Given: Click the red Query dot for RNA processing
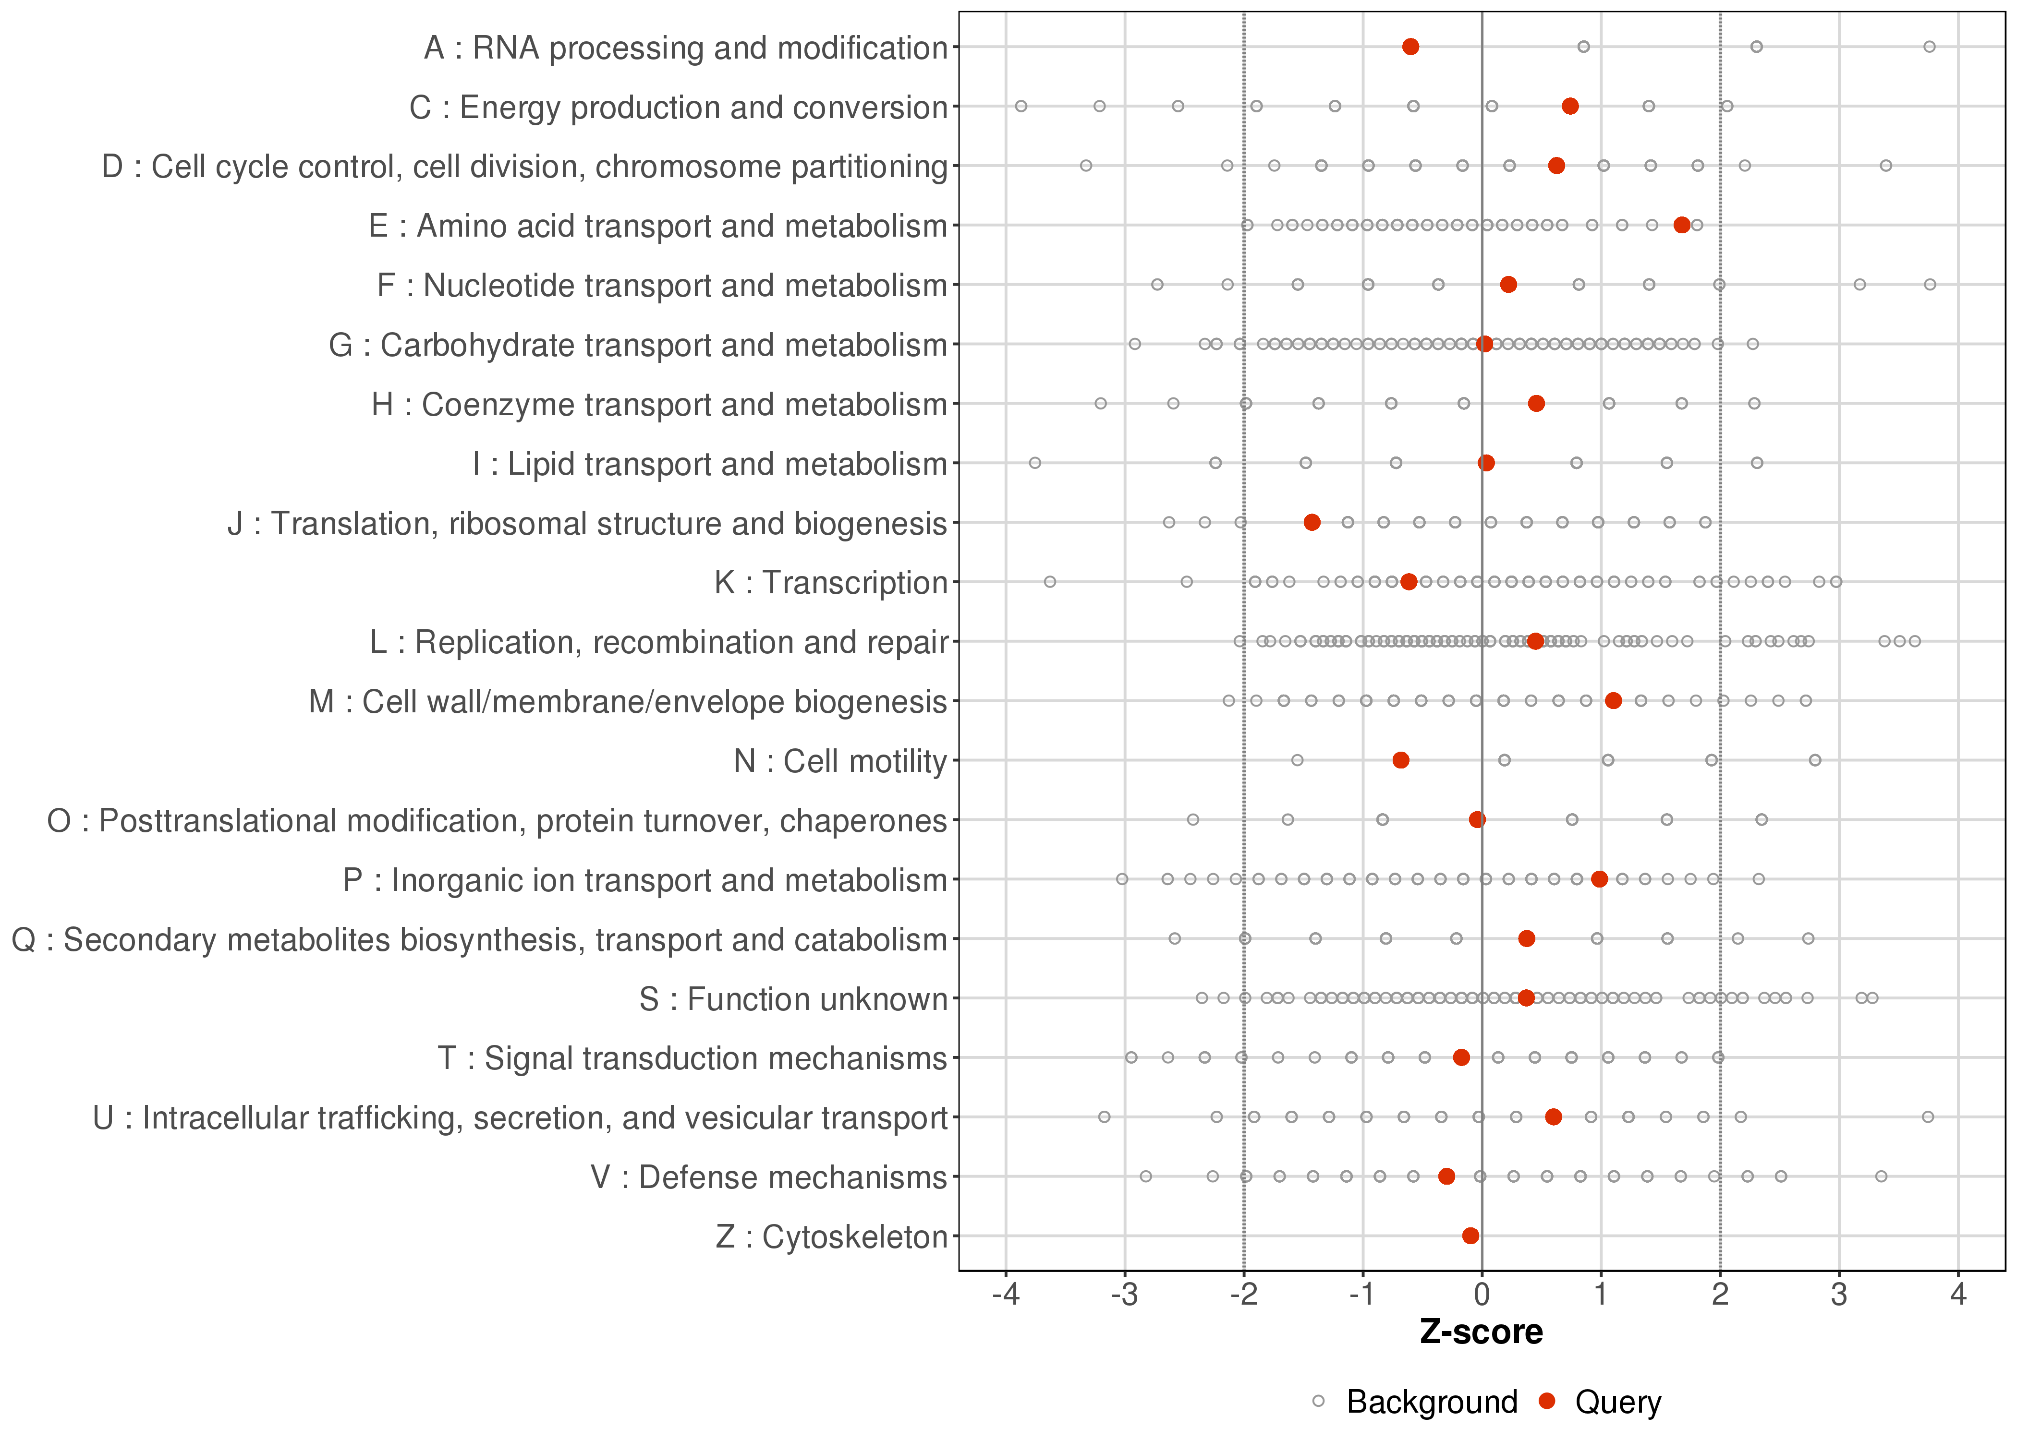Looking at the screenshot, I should (x=1410, y=47).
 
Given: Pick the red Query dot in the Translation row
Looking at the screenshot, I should (x=1312, y=522).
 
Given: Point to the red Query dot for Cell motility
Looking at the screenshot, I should (x=1400, y=760).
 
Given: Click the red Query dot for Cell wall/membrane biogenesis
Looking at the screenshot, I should (x=1614, y=700).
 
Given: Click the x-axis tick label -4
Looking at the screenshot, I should (x=1005, y=1296).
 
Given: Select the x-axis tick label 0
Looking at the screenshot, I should (x=1481, y=1296).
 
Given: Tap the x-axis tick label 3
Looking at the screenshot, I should (x=1839, y=1296).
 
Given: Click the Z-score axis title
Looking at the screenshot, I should (x=1481, y=1332).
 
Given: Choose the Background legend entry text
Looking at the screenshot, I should (x=1432, y=1402).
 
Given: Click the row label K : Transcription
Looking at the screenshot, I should (x=831, y=583).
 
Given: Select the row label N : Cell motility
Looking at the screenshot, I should (x=840, y=761).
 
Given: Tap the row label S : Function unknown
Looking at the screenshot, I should (x=793, y=999).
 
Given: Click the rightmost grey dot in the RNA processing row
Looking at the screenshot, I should (x=1929, y=47).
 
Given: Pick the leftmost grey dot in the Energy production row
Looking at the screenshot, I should (x=1021, y=107).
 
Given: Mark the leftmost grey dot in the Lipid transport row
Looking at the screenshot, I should (x=1034, y=463).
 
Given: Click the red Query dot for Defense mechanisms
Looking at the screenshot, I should (x=1446, y=1176).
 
